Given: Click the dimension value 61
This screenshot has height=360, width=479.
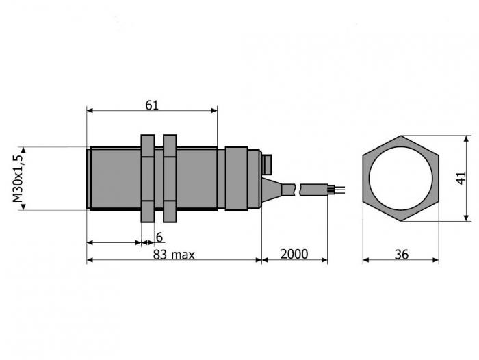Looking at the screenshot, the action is tap(152, 105).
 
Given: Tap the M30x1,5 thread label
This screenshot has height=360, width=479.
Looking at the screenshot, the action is tap(18, 179).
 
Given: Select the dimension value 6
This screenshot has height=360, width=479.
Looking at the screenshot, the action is tap(159, 237).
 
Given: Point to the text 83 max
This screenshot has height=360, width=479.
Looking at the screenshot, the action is tap(174, 255).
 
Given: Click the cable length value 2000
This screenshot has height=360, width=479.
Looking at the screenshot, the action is tap(294, 255).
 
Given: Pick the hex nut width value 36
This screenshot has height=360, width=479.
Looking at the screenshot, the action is tap(401, 255).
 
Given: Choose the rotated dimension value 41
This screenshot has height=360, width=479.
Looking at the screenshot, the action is tap(461, 178).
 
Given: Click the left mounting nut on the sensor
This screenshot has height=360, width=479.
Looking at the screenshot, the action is tap(148, 178).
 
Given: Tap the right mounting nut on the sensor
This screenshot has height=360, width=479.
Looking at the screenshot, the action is tap(170, 178).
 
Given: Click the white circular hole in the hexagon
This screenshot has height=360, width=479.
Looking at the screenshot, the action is tap(400, 178).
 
